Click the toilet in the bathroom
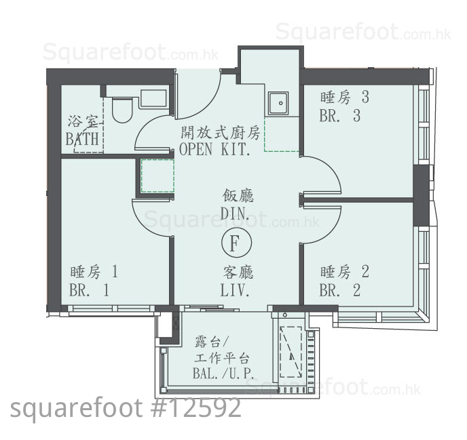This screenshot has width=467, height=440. [x=122, y=109]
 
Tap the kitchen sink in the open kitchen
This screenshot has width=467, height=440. [x=278, y=103]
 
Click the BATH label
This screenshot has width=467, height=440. [x=82, y=139]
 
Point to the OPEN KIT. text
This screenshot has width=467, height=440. [x=214, y=149]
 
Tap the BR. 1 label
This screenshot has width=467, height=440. [x=89, y=290]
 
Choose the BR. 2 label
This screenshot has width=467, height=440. [x=340, y=290]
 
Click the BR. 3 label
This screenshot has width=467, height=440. [x=340, y=115]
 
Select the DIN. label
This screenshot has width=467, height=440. [x=235, y=213]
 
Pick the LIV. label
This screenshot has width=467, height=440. [x=235, y=290]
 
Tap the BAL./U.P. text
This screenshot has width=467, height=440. [x=223, y=374]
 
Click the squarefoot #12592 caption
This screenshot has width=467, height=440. [x=126, y=408]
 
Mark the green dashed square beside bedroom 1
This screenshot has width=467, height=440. [x=157, y=176]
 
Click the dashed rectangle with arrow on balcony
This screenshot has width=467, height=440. [x=291, y=352]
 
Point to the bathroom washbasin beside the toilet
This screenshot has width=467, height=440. [x=153, y=98]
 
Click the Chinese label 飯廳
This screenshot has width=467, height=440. [x=238, y=196]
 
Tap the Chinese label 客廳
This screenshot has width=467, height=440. [x=238, y=273]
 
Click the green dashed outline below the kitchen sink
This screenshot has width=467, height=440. [x=281, y=134]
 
